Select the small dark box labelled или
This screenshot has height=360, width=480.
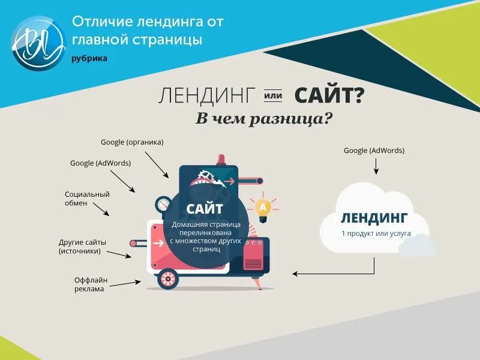click(x=274, y=95)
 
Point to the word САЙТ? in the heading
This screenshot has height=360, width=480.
click(x=329, y=95)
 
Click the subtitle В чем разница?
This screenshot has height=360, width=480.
click(x=264, y=118)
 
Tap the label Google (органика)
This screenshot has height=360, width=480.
click(x=132, y=142)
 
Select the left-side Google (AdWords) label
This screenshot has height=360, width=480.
click(x=100, y=163)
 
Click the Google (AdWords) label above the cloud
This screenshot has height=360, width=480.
click(x=374, y=150)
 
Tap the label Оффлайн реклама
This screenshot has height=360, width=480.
click(x=89, y=284)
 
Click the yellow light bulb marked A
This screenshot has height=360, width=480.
click(x=263, y=207)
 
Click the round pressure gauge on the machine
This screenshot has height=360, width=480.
click(x=163, y=204)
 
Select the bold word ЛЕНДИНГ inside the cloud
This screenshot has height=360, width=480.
click(x=374, y=217)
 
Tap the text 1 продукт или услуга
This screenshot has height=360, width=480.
click(x=374, y=232)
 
